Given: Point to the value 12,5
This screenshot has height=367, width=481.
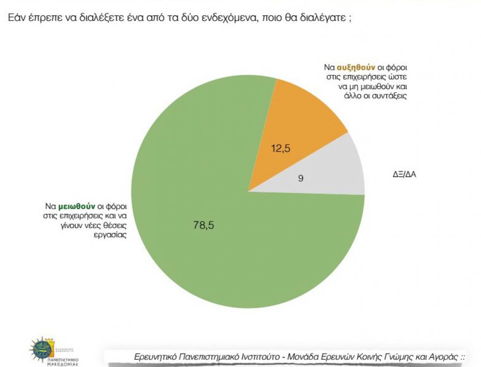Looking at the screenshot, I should coord(280,148).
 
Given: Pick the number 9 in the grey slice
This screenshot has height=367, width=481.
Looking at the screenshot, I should coord(301,178).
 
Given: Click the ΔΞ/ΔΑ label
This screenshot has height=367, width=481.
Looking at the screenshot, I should coord(404,175).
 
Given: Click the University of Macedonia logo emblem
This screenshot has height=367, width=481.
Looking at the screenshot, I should coord(42,349).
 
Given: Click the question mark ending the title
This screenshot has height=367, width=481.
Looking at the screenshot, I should coord(350,19).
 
